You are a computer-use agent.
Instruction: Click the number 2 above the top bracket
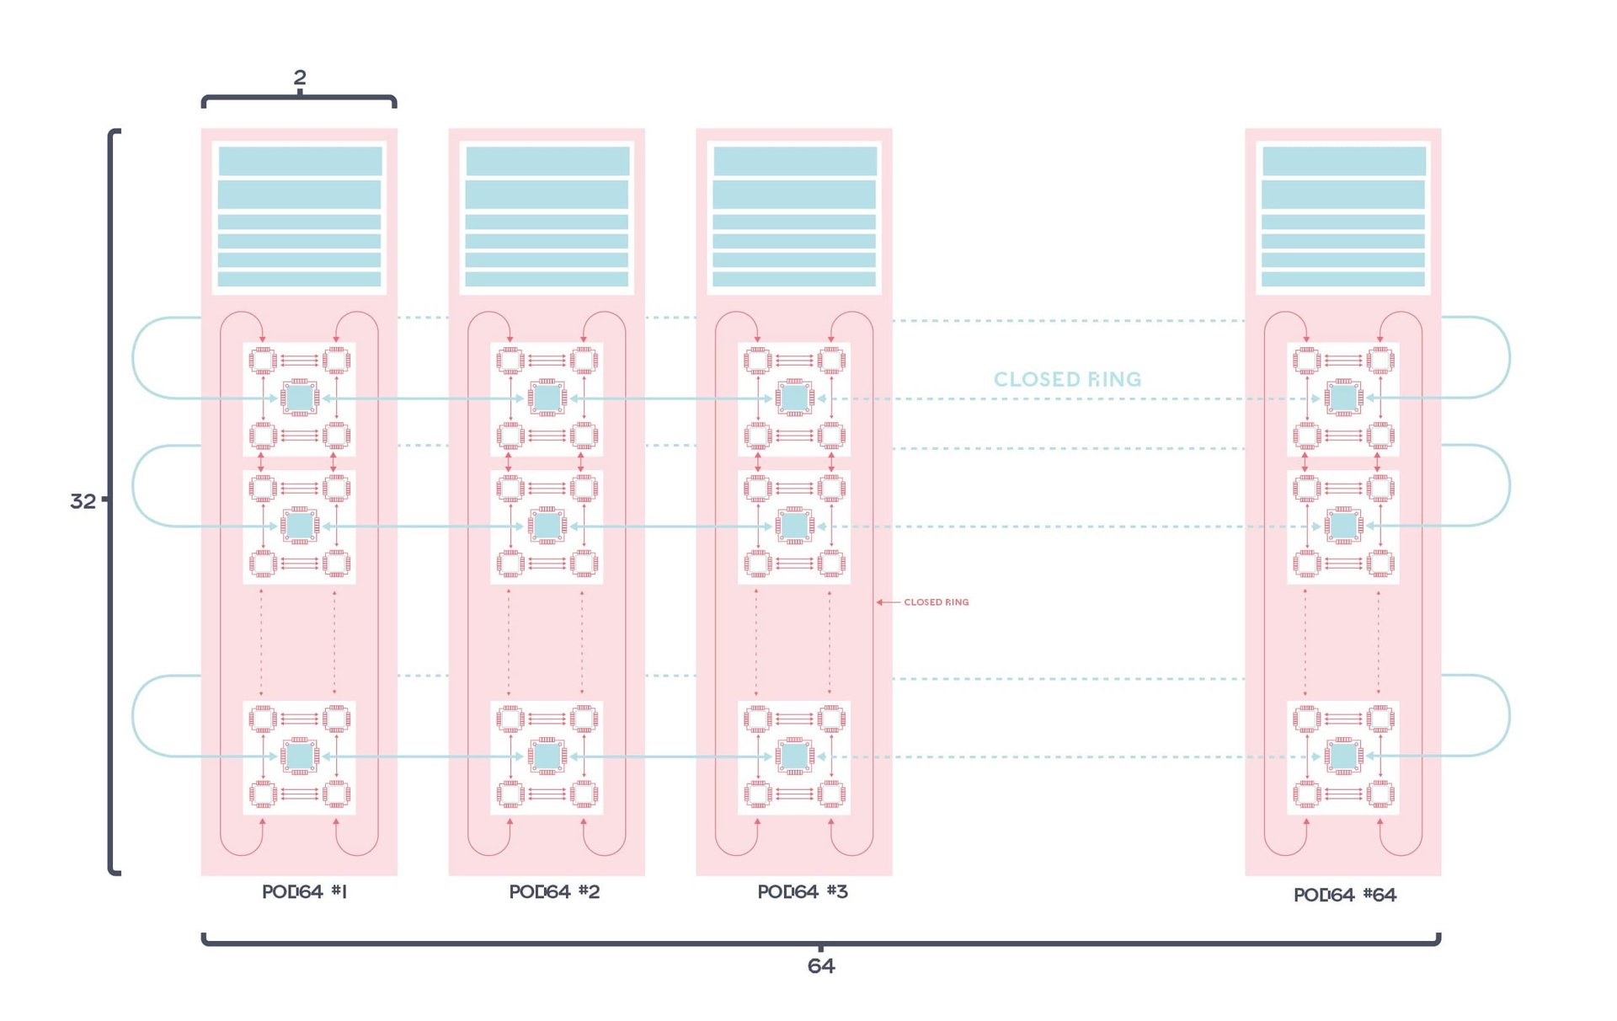click(300, 78)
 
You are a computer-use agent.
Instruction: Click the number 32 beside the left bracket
click(83, 501)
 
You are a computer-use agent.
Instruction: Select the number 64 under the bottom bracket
click(821, 965)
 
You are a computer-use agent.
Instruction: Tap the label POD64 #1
click(304, 891)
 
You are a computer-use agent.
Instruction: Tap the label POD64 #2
click(554, 891)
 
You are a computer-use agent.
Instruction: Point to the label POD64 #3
click(803, 891)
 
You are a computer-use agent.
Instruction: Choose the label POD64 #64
click(1345, 895)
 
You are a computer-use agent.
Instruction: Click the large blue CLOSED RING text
click(1067, 379)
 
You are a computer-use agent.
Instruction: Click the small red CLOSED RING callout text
click(936, 602)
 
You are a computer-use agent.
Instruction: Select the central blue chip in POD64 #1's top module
click(300, 398)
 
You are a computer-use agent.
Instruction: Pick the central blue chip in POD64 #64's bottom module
click(1343, 756)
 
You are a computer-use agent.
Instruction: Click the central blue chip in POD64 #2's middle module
click(547, 526)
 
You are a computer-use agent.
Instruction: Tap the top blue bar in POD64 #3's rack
click(795, 160)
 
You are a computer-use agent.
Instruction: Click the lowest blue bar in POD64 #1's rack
click(300, 279)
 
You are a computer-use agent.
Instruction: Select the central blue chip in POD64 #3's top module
click(795, 398)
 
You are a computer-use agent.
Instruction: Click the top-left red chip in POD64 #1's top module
click(263, 361)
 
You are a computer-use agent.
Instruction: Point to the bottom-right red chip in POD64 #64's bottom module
click(1380, 794)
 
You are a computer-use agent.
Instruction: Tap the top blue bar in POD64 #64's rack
click(1343, 160)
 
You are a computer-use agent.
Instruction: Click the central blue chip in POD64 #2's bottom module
click(547, 756)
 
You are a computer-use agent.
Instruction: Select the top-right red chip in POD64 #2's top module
click(584, 361)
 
